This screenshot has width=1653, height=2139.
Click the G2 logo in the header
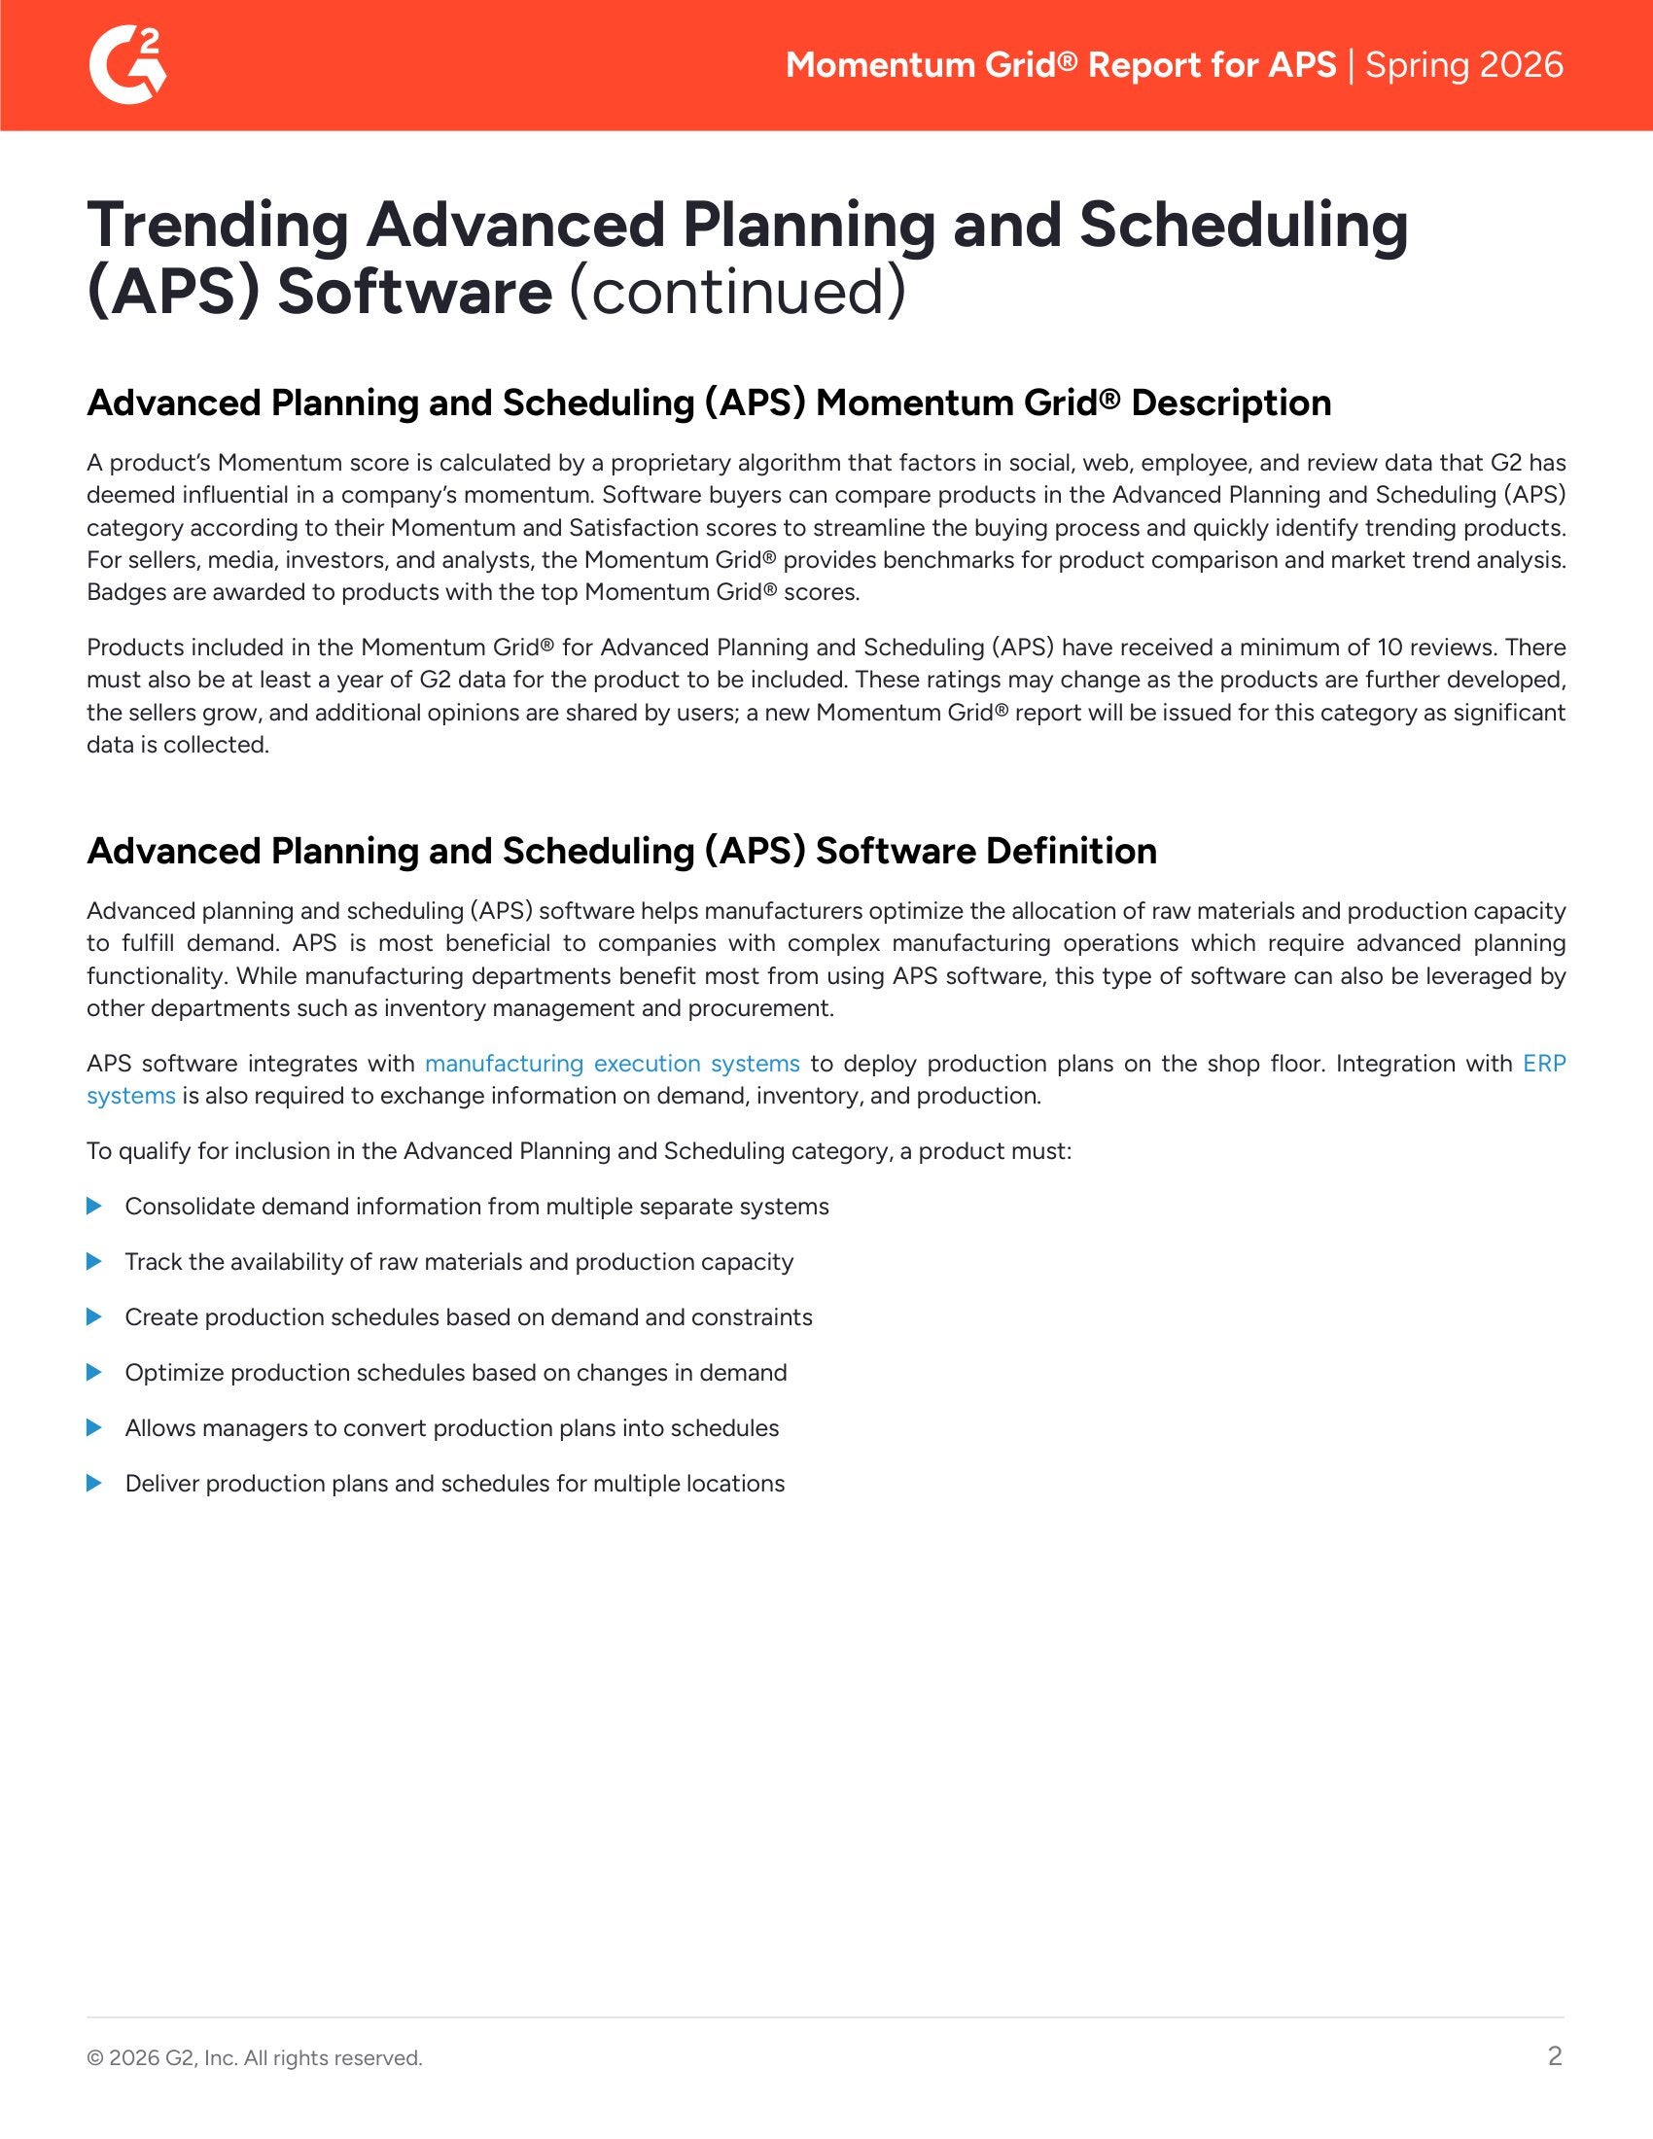coord(127,64)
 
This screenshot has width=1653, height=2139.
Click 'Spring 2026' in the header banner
coord(1464,64)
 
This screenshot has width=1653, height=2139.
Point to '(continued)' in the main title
coord(737,292)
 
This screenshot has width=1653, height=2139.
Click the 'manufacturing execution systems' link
coord(612,1064)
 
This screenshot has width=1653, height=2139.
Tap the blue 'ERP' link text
coord(1544,1064)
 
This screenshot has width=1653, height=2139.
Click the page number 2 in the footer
coord(1554,2055)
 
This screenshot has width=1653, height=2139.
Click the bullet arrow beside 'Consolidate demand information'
coord(94,1206)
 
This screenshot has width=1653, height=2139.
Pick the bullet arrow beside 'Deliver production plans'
coord(94,1483)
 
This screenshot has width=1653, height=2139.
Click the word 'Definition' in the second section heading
coord(1072,851)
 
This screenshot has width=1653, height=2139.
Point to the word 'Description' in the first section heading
coord(1231,403)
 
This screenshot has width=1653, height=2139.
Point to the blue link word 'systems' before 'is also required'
coord(131,1096)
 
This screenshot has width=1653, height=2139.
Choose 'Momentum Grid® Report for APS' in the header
coord(1061,64)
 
